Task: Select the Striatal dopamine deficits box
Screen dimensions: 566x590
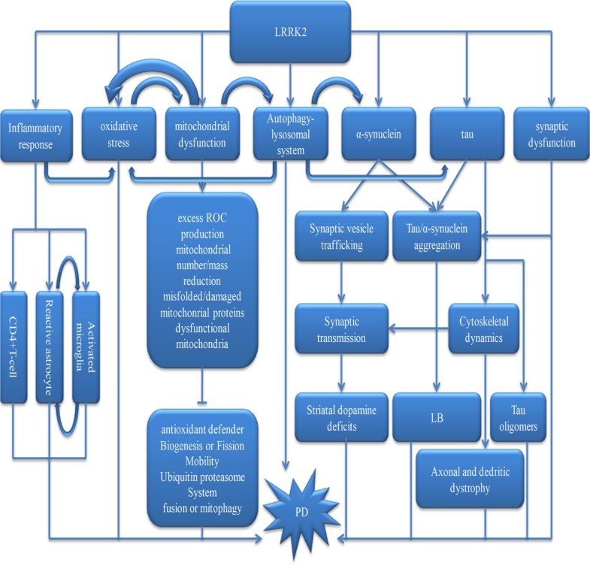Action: coord(342,416)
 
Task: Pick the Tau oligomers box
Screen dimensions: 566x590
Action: coord(519,416)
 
